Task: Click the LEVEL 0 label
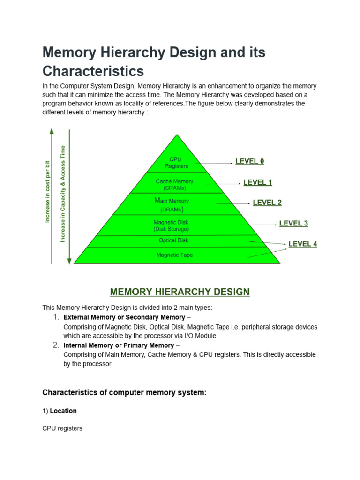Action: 249,161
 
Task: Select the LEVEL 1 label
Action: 257,182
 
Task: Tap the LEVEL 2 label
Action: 267,202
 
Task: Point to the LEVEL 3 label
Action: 293,223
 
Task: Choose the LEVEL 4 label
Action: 302,244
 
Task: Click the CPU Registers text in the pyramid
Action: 176,163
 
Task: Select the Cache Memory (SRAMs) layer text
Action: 174,185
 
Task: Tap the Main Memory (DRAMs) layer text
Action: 172,204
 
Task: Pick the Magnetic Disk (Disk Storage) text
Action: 171,225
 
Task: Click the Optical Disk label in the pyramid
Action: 173,240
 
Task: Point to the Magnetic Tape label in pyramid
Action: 174,255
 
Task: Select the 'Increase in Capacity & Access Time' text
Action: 63,194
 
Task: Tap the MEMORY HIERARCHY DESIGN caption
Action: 180,292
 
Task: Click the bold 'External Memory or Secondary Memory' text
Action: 124,317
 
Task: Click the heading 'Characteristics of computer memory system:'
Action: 124,393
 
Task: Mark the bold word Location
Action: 63,411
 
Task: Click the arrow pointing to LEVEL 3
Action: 258,225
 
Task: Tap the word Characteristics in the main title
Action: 93,71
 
